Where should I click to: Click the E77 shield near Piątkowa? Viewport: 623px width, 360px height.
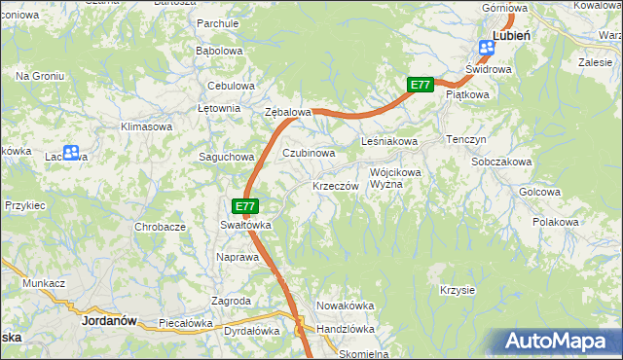(420, 85)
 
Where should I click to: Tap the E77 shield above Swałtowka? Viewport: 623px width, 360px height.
(245, 206)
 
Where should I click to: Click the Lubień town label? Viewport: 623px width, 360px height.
(511, 34)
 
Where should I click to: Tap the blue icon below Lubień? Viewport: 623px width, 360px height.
(486, 48)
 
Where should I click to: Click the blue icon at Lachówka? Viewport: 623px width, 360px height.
(70, 153)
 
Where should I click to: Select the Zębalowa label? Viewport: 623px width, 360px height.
(288, 112)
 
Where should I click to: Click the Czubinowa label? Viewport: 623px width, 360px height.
(309, 153)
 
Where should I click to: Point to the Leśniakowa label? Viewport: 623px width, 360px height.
(388, 141)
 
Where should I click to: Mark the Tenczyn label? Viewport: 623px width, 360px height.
(466, 139)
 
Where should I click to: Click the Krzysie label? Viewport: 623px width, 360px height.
(457, 290)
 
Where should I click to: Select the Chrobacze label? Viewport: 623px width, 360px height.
(160, 227)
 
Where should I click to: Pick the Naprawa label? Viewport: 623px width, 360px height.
(237, 257)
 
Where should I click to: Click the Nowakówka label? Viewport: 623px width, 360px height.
(346, 306)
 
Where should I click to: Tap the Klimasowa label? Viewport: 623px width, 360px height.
(146, 126)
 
